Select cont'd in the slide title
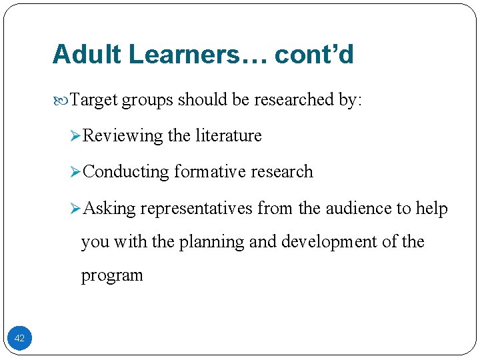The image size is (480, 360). click(x=314, y=55)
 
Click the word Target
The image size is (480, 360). click(x=93, y=100)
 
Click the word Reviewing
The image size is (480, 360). click(x=123, y=136)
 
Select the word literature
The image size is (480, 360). click(x=229, y=136)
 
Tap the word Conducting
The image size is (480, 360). click(x=127, y=172)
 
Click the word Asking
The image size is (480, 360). click(x=111, y=209)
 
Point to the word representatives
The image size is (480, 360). click(x=197, y=209)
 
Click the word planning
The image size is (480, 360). click(x=212, y=242)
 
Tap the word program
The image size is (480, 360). click(x=112, y=276)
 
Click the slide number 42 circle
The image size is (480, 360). click(x=19, y=338)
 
